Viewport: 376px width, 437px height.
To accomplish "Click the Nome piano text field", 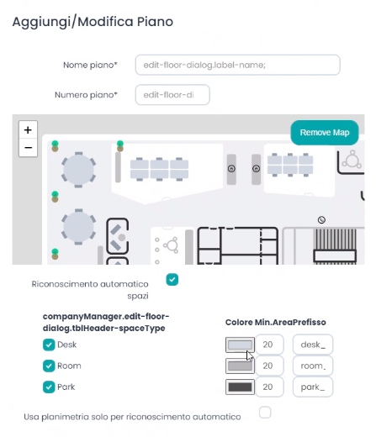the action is point(237,65).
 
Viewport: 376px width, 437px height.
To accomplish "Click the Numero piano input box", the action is point(172,95).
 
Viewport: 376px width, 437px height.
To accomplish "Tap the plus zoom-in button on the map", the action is point(28,130).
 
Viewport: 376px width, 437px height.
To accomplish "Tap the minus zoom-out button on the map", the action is point(28,148).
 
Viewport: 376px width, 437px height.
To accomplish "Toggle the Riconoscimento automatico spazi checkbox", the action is point(172,280).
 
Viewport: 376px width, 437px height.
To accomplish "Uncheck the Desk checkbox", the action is point(49,345).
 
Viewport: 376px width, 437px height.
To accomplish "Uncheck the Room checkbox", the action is point(49,366).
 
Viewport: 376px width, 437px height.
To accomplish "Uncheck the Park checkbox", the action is point(49,387).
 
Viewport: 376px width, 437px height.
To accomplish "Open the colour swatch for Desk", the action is point(240,345).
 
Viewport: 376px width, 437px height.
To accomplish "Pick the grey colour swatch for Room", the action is point(240,366).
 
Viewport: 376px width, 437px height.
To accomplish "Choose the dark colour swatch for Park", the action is point(240,387).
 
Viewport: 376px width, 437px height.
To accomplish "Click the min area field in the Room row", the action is point(269,366).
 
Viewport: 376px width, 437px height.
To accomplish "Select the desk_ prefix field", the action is point(313,345).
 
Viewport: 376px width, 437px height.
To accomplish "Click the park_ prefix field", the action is point(313,387).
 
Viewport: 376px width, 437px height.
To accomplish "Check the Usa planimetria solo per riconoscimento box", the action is point(265,413).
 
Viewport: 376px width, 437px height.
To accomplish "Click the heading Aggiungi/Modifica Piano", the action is point(93,22).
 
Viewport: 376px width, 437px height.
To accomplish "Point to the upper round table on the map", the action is point(79,170).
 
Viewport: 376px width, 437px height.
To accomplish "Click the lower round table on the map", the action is point(78,227).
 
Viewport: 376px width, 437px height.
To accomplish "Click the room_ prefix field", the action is point(313,366).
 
